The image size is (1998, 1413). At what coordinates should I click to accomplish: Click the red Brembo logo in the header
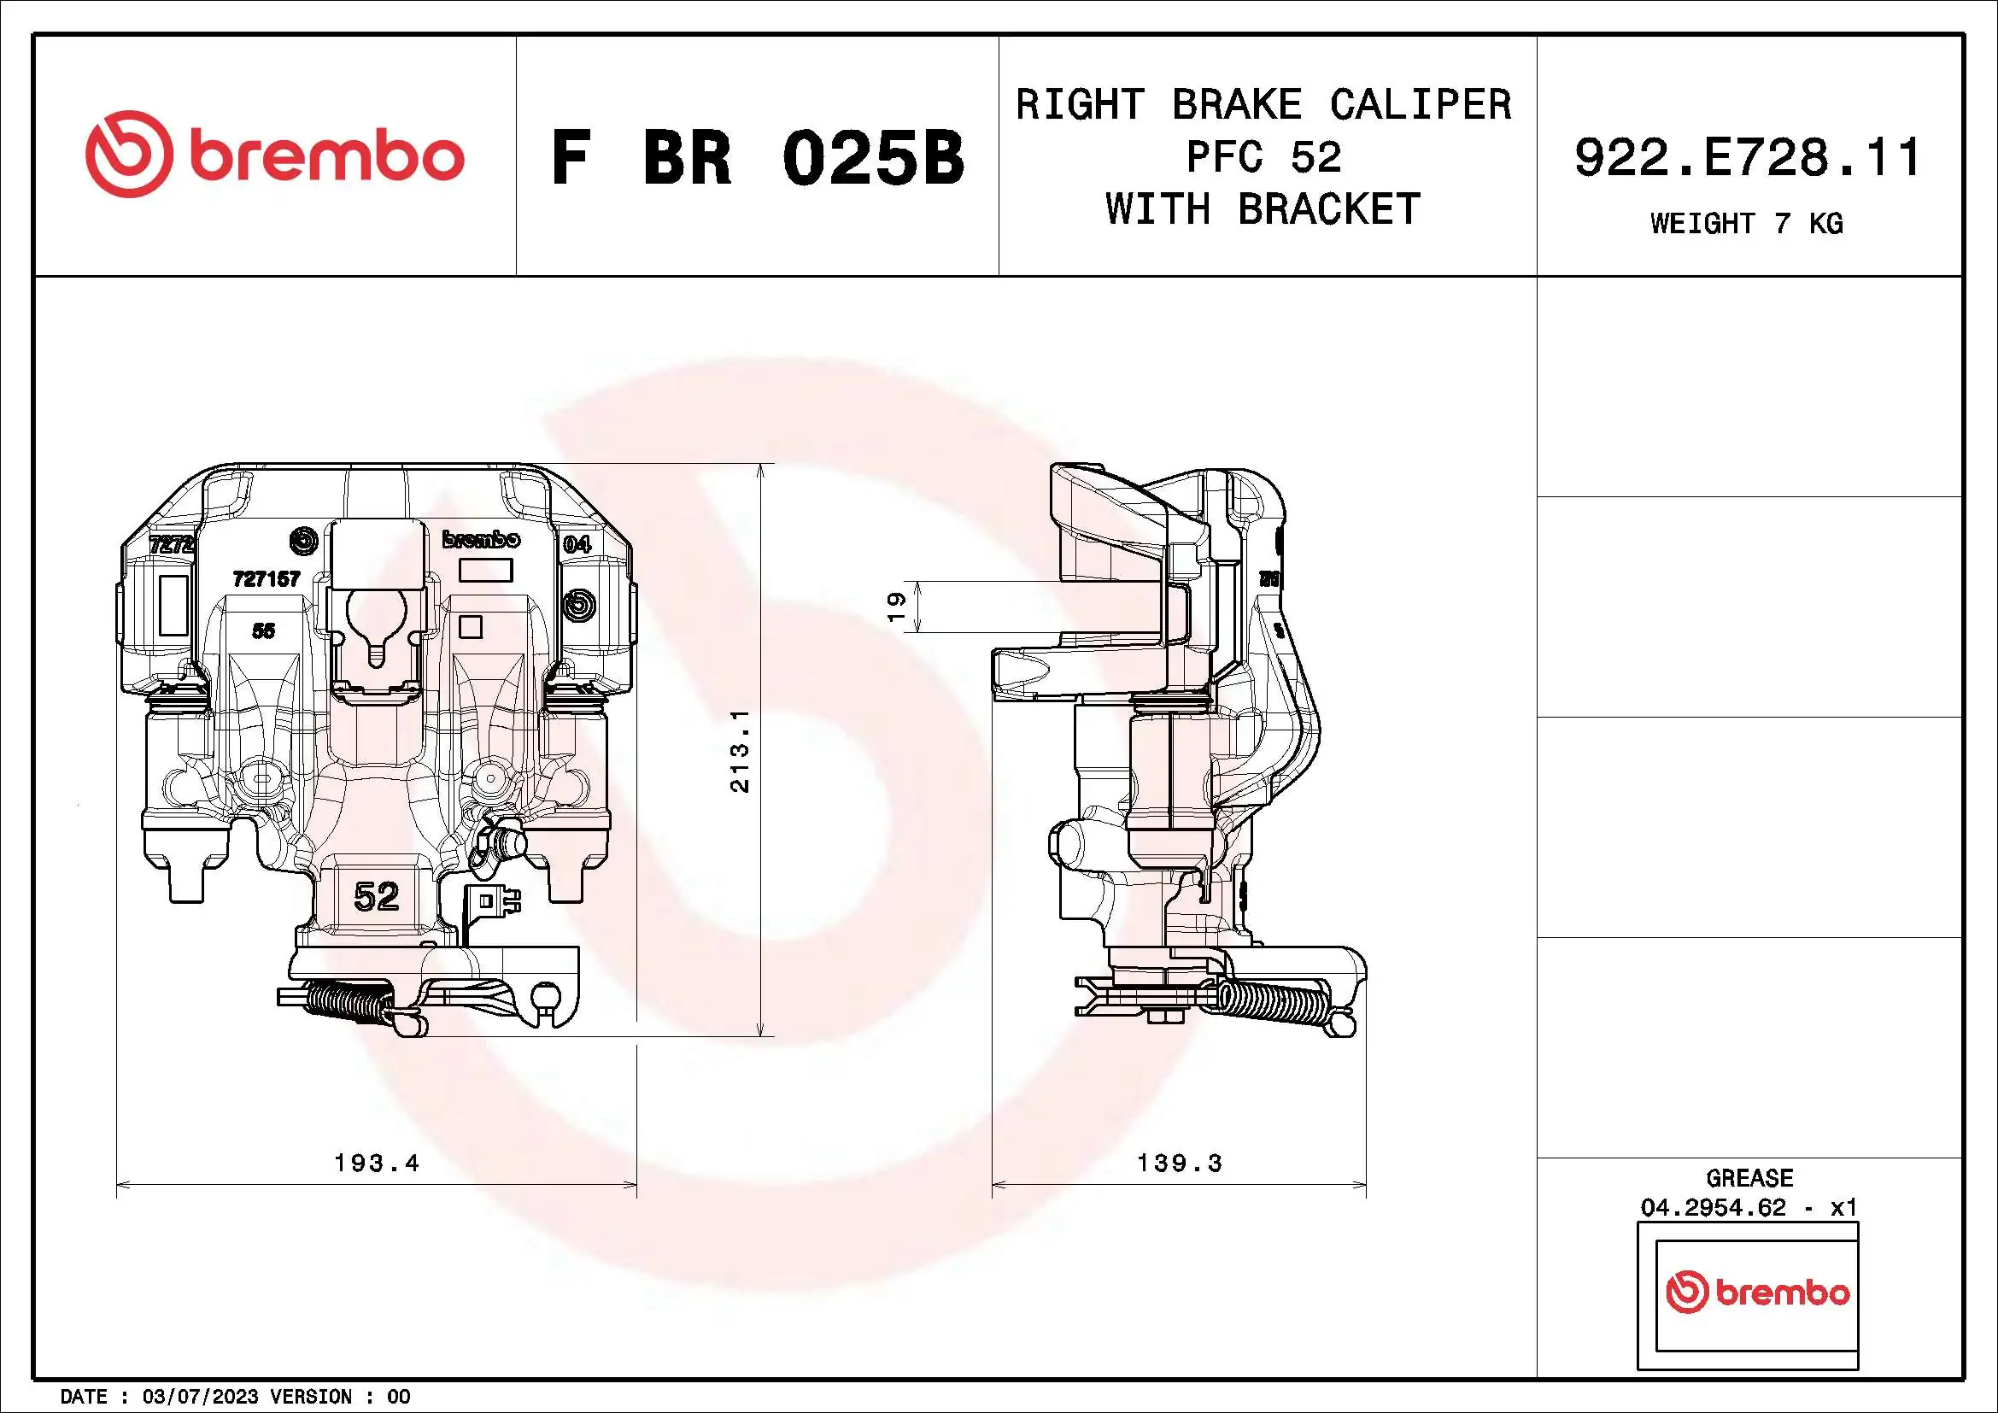(x=275, y=154)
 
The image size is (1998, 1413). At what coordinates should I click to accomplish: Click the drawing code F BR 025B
(x=757, y=158)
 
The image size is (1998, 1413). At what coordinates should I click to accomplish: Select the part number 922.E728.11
(x=1748, y=158)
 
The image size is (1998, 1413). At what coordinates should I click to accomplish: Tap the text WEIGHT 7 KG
(x=1747, y=224)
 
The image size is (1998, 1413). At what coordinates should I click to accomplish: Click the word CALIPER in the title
(x=1421, y=105)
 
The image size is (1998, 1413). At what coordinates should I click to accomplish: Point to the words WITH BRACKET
(x=1263, y=209)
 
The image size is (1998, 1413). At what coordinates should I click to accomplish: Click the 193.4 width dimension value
(x=377, y=1163)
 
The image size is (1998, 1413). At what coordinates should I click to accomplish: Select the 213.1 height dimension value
(x=740, y=750)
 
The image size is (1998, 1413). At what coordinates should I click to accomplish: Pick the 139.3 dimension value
(x=1180, y=1163)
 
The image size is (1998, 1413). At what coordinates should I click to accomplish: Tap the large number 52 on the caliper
(x=377, y=895)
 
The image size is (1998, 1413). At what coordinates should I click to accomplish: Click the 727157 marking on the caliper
(x=267, y=578)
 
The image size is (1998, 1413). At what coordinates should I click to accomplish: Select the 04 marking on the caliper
(x=576, y=545)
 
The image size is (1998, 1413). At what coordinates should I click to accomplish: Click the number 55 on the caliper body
(x=263, y=630)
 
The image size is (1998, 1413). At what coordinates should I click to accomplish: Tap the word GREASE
(x=1749, y=1178)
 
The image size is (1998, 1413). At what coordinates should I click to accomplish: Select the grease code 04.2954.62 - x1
(x=1749, y=1208)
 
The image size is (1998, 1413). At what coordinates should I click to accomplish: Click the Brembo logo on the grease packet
(x=1757, y=1292)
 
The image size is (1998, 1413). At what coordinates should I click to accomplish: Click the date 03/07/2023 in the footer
(x=200, y=1397)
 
